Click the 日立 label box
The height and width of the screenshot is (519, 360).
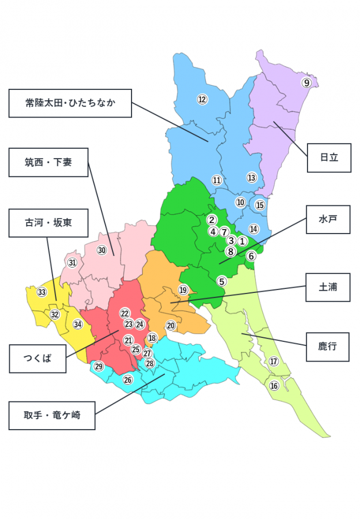328,157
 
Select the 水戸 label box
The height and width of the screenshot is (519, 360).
328,219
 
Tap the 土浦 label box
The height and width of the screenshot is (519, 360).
328,287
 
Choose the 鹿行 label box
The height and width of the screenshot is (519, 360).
327,347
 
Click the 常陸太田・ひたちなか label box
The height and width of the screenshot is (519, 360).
70,103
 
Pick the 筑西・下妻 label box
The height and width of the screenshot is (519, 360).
48,162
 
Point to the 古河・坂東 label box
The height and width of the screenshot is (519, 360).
48,223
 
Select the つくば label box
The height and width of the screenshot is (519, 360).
37,358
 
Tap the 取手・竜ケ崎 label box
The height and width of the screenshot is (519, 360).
51,415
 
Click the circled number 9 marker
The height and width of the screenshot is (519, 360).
307,82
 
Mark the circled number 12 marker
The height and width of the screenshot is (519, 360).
202,99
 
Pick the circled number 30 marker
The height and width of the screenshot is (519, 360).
102,250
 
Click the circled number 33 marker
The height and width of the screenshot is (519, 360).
42,292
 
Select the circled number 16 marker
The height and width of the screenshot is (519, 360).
274,386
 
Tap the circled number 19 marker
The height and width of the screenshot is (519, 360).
183,290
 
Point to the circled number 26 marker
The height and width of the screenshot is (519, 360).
127,379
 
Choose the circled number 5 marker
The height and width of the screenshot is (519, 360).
222,281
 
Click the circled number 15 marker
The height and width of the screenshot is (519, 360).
260,205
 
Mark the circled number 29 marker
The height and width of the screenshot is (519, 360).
99,367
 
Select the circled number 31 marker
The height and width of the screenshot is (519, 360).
72,263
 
